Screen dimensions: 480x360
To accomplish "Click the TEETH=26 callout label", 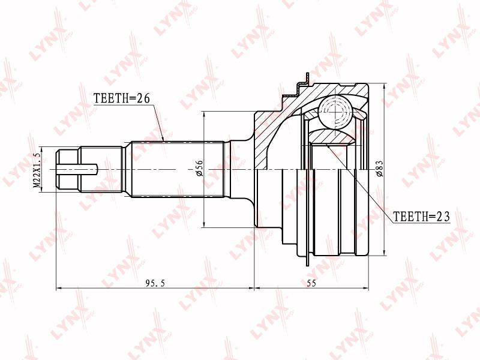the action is pos(122,98).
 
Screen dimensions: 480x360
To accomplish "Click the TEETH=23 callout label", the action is pos(422,217).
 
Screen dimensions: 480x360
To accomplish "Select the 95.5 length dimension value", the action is pos(155,283).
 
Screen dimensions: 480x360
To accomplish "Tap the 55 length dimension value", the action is pos(311,283).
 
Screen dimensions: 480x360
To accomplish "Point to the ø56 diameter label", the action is pos(199,168).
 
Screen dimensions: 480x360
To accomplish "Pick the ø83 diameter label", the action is pos(379,169).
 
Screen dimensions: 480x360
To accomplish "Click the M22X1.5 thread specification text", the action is pos(37,170).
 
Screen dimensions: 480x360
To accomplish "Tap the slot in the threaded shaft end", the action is pos(77,169).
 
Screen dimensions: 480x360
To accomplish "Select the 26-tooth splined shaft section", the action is pos(178,169).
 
